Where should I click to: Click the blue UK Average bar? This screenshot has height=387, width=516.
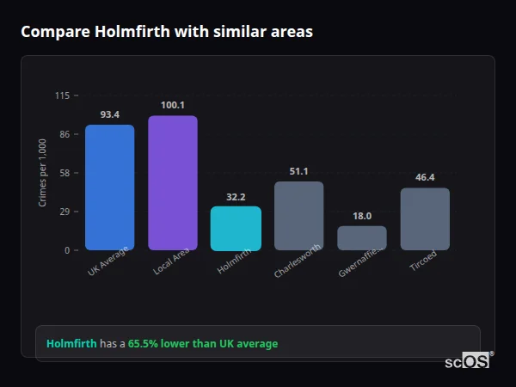pos(109,187)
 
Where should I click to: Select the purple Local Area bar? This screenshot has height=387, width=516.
pos(172,182)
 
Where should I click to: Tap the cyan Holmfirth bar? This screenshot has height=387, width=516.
pos(236,228)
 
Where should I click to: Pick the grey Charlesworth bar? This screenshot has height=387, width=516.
pos(298,216)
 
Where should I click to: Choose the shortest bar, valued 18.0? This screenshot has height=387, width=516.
pos(362,238)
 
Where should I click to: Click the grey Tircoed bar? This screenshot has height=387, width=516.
pos(425,219)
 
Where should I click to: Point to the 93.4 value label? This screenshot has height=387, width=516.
pos(109,114)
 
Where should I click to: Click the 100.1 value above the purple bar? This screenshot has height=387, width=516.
pos(172,105)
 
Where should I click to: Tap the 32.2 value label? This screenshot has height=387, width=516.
pos(236,196)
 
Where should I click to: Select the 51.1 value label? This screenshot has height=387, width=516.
pos(298,171)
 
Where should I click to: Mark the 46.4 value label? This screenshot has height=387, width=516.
pos(425,177)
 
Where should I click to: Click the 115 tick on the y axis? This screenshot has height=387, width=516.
pos(63,95)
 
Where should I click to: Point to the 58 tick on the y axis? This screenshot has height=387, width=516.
pos(65,173)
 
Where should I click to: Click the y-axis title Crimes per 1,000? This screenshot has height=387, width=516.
pos(43,173)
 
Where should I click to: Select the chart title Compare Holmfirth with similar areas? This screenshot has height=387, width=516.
pos(167,32)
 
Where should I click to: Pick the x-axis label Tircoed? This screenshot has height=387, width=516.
pos(422,261)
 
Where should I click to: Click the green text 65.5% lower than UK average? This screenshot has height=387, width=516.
pos(203,344)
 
